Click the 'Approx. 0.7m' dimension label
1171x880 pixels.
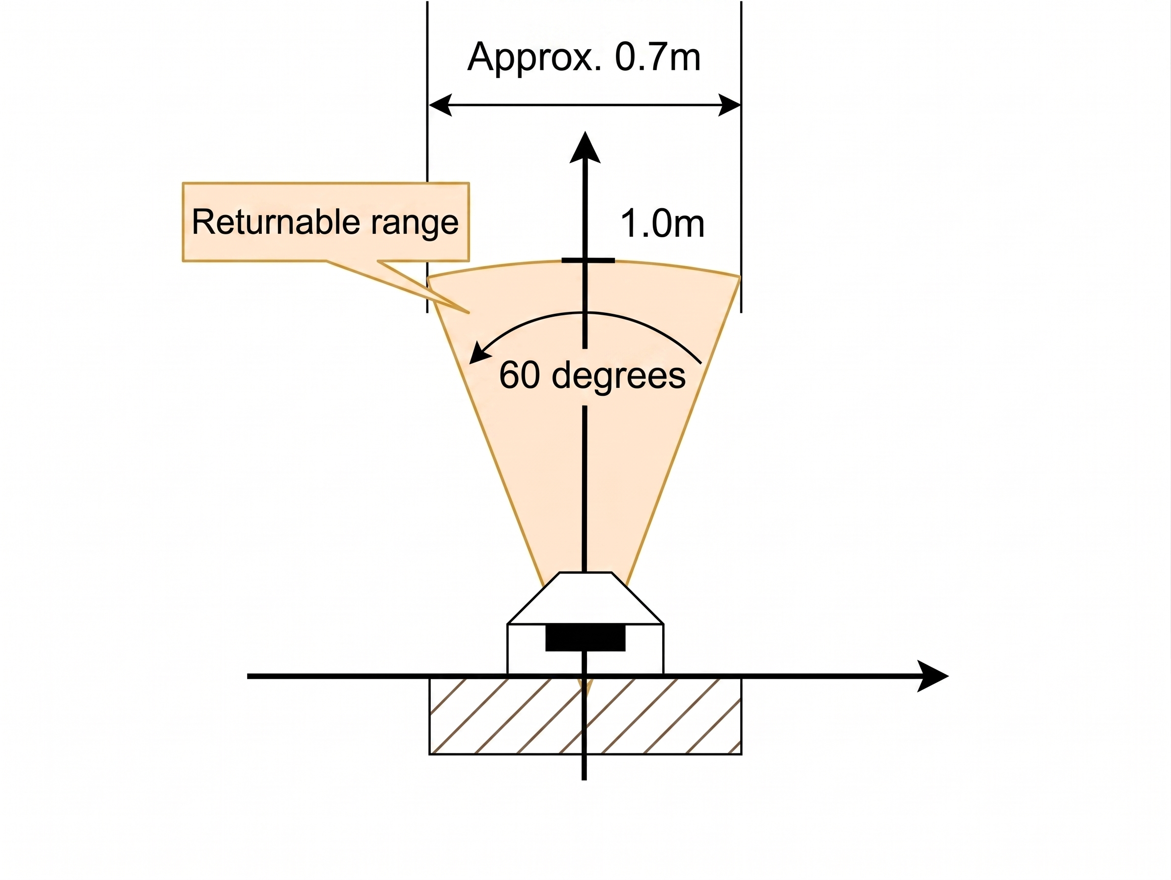(584, 57)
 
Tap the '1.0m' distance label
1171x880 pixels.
(662, 223)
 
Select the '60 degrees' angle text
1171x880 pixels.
(592, 376)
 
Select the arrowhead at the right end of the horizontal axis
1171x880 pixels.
(932, 676)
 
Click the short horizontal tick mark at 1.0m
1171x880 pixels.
(587, 260)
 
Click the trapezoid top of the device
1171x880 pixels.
(585, 598)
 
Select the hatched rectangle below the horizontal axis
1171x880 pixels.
(585, 716)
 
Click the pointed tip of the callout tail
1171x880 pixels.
(469, 313)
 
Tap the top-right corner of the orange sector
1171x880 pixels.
(740, 276)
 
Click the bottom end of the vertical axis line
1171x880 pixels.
(585, 779)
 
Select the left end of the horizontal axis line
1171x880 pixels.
(248, 676)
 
